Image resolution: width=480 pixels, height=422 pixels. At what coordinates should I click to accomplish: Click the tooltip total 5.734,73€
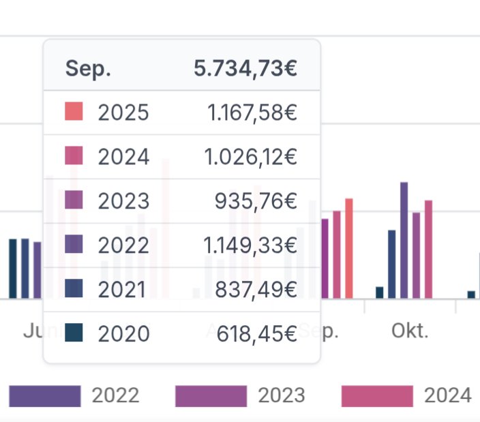point(245,68)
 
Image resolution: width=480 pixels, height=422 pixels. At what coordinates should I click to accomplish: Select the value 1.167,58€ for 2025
point(252,112)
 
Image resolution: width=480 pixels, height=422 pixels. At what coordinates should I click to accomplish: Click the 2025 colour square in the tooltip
point(74,112)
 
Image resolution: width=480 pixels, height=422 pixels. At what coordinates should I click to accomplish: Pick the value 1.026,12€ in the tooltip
point(251,157)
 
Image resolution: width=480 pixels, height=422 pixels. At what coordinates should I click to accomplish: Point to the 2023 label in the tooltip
point(123,200)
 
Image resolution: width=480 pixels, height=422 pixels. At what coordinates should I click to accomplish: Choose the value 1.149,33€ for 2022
point(251,245)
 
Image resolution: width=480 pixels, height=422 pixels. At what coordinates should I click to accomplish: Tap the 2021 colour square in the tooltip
point(74,288)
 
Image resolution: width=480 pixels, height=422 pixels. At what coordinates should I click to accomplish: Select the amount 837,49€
point(256,289)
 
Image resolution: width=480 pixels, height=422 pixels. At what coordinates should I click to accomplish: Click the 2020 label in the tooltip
point(123,333)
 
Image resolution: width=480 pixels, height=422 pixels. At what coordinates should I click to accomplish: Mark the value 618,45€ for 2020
point(257,333)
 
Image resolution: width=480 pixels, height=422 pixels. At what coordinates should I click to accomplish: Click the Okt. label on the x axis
point(410,331)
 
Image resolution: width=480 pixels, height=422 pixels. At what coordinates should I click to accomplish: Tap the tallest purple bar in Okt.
point(404,240)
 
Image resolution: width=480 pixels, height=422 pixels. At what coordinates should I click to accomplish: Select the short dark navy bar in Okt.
point(380,292)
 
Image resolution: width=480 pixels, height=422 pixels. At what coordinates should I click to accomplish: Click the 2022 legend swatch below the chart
point(45,395)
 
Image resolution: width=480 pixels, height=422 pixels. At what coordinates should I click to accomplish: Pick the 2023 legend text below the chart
point(281,395)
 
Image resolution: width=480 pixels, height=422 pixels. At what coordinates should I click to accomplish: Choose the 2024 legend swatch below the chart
point(377,395)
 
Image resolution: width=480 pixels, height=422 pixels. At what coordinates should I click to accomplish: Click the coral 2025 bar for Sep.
point(349,248)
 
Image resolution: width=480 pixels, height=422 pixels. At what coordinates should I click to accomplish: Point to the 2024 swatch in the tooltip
point(74,156)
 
